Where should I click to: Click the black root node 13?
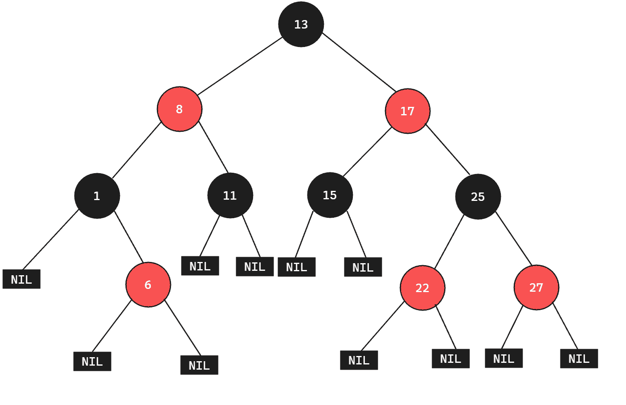pyautogui.click(x=301, y=25)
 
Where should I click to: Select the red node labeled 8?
pyautogui.click(x=179, y=109)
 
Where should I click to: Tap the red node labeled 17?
pyautogui.click(x=408, y=111)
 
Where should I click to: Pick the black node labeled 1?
pyautogui.click(x=97, y=196)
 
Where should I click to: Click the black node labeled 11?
pyautogui.click(x=230, y=195)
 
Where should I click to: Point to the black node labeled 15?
pyautogui.click(x=330, y=195)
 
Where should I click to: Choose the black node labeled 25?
pyautogui.click(x=478, y=196)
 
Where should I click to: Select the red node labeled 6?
pyautogui.click(x=148, y=284)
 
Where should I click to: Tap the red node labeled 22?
pyautogui.click(x=422, y=288)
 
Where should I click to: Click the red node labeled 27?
pyautogui.click(x=536, y=287)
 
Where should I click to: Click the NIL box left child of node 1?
pyautogui.click(x=21, y=279)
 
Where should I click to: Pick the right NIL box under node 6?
pyautogui.click(x=199, y=365)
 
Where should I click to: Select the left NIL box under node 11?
pyautogui.click(x=200, y=266)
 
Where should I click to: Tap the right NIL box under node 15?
pyautogui.click(x=363, y=267)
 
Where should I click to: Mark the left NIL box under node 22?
pyautogui.click(x=359, y=360)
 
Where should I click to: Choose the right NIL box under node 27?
pyautogui.click(x=579, y=358)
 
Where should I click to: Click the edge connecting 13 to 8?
pyautogui.click(x=240, y=66)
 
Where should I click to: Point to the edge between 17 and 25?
pyautogui.click(x=448, y=149)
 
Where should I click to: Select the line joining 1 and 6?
pyautogui.click(x=128, y=236)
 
